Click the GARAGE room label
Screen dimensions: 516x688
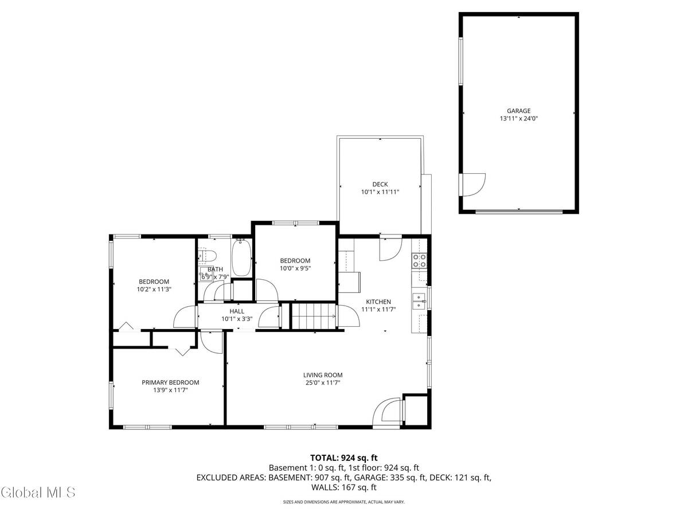[x=518, y=111]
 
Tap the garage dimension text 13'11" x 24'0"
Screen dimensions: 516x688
[x=518, y=119]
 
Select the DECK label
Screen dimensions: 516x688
[x=380, y=184]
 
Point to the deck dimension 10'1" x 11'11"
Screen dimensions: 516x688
[x=380, y=192]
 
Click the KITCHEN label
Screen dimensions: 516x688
[x=378, y=302]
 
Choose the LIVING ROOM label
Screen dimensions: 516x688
[x=323, y=375]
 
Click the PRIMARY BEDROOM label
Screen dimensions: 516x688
[x=170, y=382]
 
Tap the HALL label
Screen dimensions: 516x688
[x=237, y=311]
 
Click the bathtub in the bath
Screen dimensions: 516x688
[x=242, y=258]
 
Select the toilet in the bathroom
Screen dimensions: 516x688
[x=208, y=256]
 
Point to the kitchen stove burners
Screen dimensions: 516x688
[x=420, y=261]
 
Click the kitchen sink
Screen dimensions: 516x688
[x=420, y=300]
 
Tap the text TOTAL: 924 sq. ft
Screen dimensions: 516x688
[x=344, y=458]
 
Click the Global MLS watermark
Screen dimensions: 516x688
[x=38, y=492]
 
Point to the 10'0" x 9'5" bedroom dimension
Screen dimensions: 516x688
[x=295, y=268]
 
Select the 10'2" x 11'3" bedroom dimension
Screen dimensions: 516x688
[x=154, y=289]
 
